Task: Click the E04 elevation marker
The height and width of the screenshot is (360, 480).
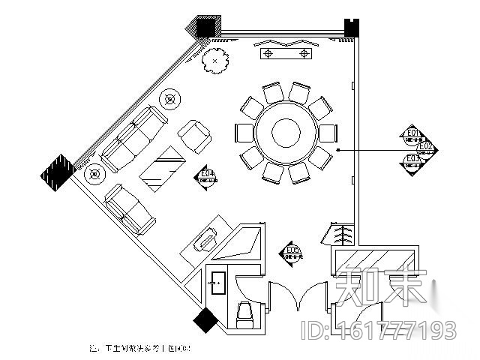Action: (x=208, y=177)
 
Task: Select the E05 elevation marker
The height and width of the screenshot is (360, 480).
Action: (x=292, y=253)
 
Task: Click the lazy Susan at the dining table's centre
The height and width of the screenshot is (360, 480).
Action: (x=285, y=133)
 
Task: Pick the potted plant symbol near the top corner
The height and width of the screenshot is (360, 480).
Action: (x=214, y=60)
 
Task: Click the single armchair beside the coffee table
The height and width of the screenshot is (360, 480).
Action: (x=196, y=136)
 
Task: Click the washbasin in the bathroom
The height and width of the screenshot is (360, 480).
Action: (x=219, y=281)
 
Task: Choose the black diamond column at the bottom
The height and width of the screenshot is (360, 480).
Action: (x=205, y=320)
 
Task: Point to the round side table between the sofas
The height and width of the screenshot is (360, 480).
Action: (x=94, y=174)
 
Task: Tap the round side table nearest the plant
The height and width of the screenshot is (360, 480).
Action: (x=171, y=97)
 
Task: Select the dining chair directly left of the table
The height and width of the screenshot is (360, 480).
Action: (x=244, y=133)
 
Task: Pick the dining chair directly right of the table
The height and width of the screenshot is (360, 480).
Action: (x=327, y=133)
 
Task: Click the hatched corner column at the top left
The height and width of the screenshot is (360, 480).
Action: (x=202, y=27)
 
